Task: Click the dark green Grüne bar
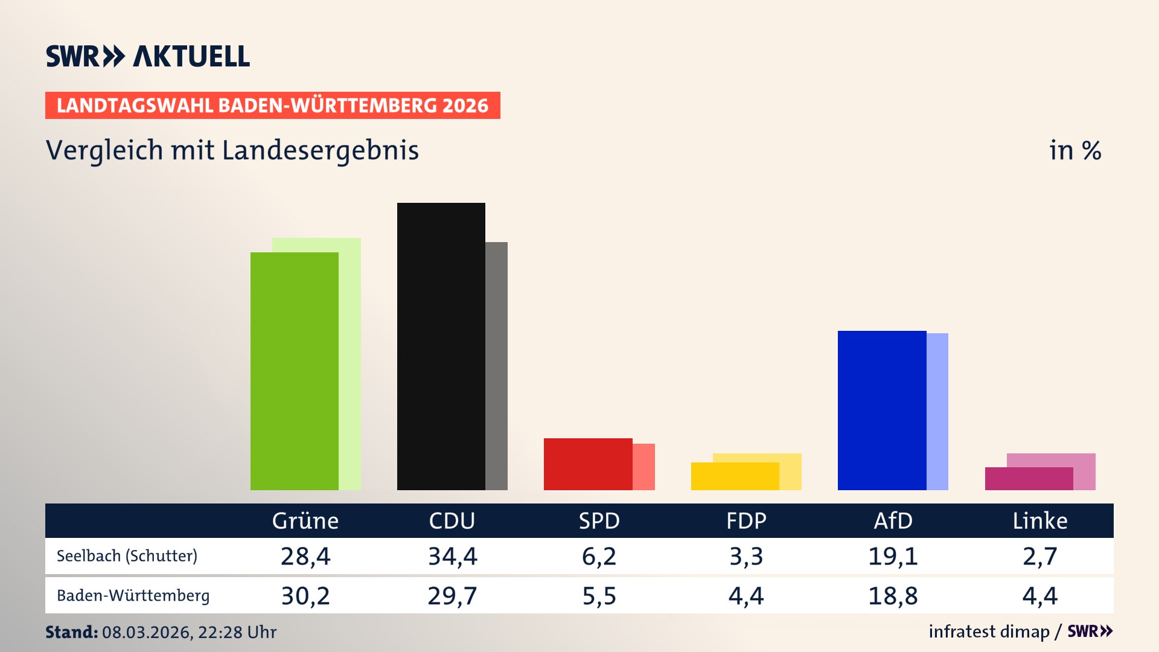(x=294, y=371)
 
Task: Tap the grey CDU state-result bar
(x=497, y=366)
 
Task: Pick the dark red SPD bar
(x=587, y=464)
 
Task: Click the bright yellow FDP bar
(x=735, y=476)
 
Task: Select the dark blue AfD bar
(x=881, y=410)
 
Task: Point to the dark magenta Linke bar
(x=1029, y=479)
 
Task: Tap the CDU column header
(x=452, y=520)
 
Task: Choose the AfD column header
(x=893, y=520)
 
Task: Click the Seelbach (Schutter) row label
(x=127, y=556)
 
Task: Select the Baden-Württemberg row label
(x=133, y=596)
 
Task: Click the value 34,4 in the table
(x=452, y=556)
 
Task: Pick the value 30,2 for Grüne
(x=305, y=596)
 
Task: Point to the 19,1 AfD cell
(x=893, y=556)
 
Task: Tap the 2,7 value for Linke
(x=1039, y=556)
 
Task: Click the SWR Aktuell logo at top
(x=148, y=56)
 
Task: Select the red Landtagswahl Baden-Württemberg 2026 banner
(x=272, y=106)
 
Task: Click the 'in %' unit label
(x=1074, y=151)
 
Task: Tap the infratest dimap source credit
(x=989, y=631)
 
